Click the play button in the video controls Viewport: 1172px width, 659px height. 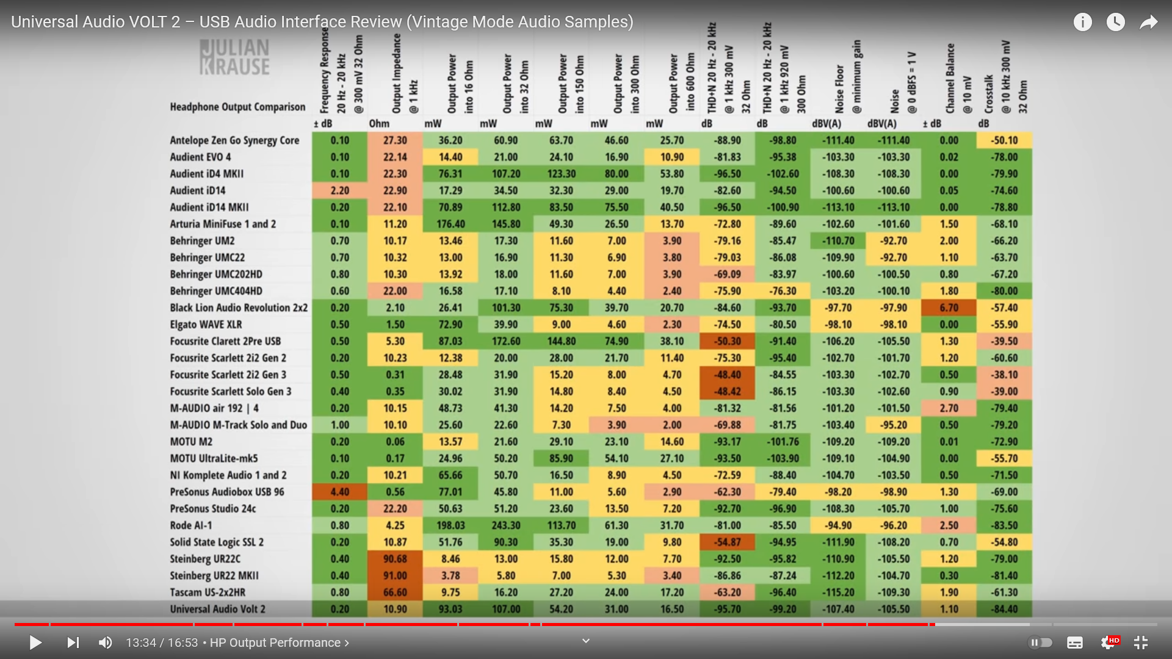click(35, 643)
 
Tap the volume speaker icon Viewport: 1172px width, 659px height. click(106, 643)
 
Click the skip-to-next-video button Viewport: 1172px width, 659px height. click(73, 643)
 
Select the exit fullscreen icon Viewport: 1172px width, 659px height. click(1141, 643)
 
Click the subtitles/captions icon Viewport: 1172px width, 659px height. click(1075, 643)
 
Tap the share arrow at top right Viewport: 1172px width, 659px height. click(1149, 23)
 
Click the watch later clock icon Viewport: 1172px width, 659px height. click(1116, 23)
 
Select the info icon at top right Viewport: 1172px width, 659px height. click(1083, 23)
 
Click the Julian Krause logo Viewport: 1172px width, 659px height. click(234, 57)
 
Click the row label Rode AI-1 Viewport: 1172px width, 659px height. click(191, 525)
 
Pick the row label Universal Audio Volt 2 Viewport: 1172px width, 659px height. click(217, 609)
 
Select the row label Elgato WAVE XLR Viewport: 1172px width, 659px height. click(206, 325)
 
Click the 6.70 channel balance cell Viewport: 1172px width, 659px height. click(949, 308)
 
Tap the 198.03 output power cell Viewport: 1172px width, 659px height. click(450, 525)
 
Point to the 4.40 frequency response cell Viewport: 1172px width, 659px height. click(340, 492)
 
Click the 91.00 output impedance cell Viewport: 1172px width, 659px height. click(395, 575)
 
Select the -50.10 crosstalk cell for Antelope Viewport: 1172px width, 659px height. click(1004, 140)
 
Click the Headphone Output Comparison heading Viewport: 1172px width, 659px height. click(237, 107)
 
